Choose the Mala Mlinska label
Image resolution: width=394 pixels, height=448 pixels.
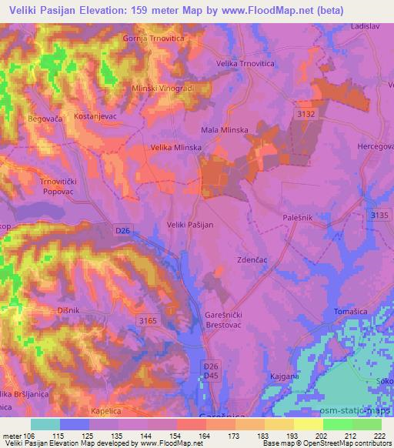(224, 130)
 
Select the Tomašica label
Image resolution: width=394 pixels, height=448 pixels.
(350, 310)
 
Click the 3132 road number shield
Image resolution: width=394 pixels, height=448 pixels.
(306, 113)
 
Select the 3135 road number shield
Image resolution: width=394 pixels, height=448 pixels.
(377, 216)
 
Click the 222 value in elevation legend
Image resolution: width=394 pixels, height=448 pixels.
(379, 436)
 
